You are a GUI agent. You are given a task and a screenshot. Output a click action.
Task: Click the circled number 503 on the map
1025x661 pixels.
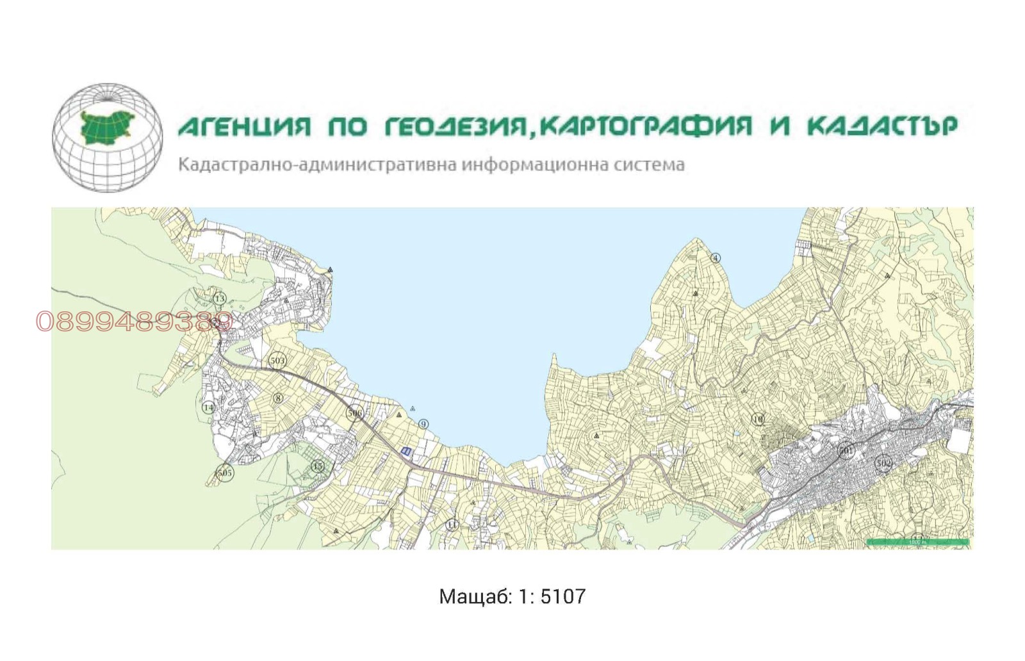point(277,361)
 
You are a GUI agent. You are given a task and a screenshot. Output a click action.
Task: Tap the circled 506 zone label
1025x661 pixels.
point(354,413)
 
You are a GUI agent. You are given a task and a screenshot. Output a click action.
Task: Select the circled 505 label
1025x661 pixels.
point(224,473)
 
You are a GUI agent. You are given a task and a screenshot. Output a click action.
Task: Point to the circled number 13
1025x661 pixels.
point(220,298)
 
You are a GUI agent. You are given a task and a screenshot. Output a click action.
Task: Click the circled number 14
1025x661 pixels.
point(208,407)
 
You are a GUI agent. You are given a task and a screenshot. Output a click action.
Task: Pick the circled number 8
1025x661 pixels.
point(278,398)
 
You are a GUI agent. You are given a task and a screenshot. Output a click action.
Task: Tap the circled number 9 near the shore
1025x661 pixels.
point(423,424)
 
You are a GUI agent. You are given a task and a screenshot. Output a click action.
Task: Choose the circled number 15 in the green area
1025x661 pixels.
point(318,466)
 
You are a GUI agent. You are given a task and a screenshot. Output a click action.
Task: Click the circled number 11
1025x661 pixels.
point(452,525)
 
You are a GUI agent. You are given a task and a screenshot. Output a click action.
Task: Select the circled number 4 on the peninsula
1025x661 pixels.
point(716,258)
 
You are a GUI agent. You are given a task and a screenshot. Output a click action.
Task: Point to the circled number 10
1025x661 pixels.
point(758,420)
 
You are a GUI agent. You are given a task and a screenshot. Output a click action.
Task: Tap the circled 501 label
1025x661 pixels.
point(846,451)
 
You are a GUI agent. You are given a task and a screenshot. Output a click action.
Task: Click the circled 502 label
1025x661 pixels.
point(883,462)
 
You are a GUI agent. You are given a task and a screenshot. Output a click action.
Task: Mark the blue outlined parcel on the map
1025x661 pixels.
point(406,451)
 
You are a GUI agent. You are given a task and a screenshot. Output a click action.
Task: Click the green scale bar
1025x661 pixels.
point(917,543)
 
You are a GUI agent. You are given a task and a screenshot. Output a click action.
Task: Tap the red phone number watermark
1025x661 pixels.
point(133,322)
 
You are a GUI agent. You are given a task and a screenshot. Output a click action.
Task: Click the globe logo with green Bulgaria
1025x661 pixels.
point(107,137)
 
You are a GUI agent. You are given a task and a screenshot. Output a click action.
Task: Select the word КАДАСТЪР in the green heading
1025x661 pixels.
point(882,126)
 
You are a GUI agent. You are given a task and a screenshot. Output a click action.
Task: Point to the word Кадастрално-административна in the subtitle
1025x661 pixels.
point(317,165)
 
